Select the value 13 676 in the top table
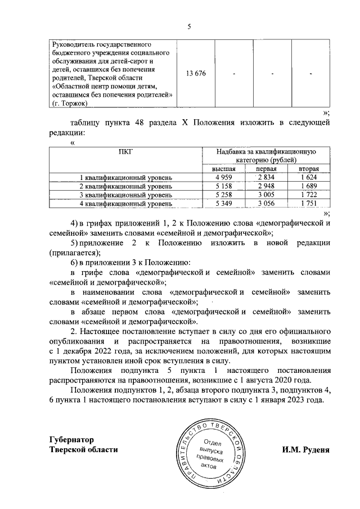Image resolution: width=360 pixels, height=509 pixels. coord(196,74)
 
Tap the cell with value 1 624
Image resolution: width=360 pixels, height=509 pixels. coord(309,178)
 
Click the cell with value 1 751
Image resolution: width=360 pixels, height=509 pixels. coord(309,203)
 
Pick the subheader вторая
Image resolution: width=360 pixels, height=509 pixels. coord(309,169)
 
